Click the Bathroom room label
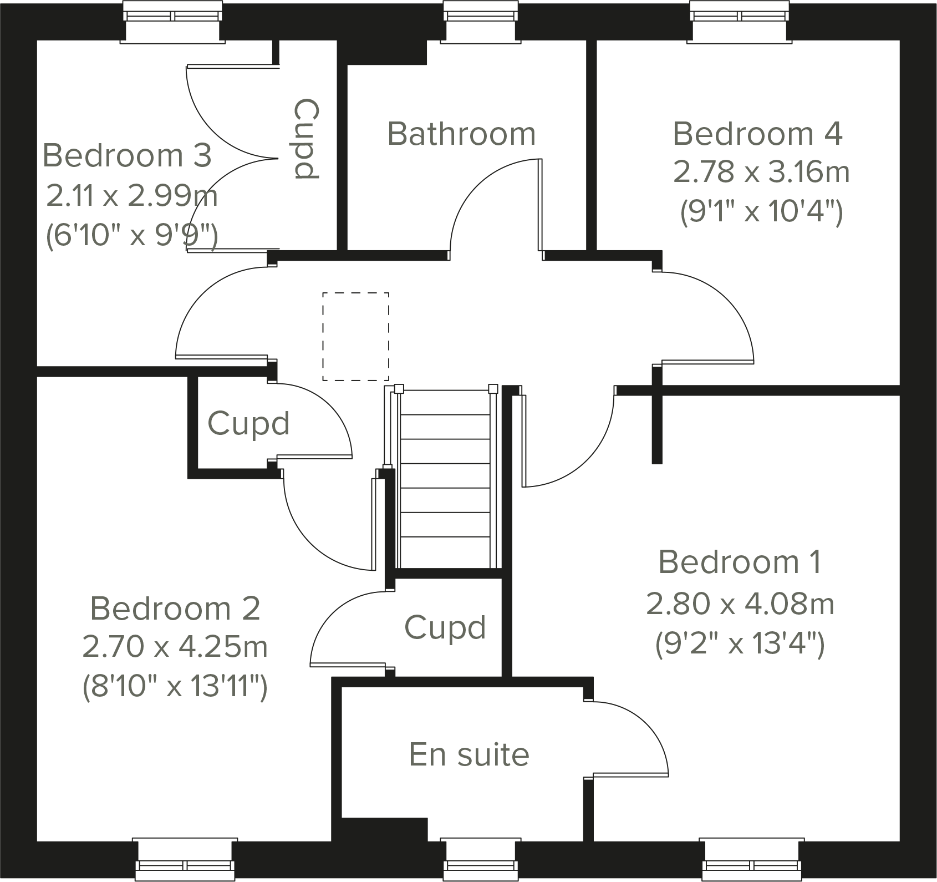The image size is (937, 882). [x=461, y=134]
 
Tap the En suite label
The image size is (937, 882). [x=469, y=754]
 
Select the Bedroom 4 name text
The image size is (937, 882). [x=757, y=134]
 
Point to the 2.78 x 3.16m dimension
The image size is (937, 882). [x=761, y=172]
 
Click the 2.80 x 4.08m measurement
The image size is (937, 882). [x=740, y=604]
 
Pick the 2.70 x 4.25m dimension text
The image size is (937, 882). [x=175, y=647]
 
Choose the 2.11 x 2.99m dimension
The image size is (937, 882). [x=131, y=196]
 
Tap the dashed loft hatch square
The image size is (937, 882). [x=356, y=337]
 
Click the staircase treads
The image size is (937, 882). [x=445, y=477]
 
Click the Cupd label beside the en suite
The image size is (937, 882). [x=445, y=627]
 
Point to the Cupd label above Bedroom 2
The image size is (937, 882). [x=248, y=424]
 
